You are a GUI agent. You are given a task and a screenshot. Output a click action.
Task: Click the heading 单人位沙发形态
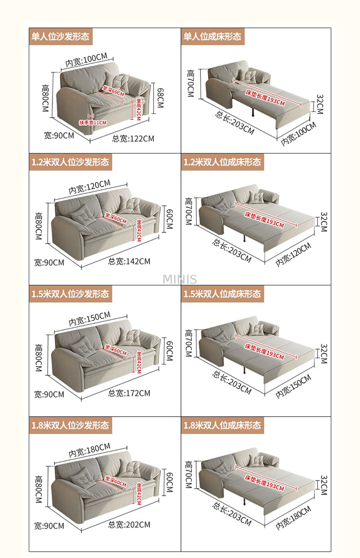(x=60, y=36)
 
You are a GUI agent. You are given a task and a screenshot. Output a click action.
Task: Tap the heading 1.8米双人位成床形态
(x=222, y=425)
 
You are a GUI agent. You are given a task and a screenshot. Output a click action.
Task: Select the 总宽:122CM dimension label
(x=133, y=139)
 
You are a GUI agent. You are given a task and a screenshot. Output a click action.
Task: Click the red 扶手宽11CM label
(x=93, y=122)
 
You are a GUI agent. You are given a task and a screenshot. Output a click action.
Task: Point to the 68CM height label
(x=161, y=98)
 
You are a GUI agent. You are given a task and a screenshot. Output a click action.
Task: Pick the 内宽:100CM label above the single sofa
(x=86, y=60)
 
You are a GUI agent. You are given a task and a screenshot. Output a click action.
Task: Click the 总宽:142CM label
(x=129, y=262)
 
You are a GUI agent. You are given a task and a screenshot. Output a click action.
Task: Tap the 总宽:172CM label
(x=129, y=393)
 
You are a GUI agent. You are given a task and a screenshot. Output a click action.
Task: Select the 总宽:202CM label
(x=129, y=525)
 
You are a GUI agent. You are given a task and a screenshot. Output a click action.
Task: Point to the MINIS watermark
(x=180, y=279)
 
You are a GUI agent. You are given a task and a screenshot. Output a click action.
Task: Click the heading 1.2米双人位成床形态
(x=222, y=162)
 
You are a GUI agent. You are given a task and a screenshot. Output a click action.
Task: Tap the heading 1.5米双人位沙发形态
(x=70, y=294)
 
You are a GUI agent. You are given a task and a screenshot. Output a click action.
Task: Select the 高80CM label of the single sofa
(x=45, y=98)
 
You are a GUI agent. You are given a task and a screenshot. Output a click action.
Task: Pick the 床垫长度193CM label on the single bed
(x=265, y=98)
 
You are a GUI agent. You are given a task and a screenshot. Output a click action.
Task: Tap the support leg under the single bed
(x=253, y=112)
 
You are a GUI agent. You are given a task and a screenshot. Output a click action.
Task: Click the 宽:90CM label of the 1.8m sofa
(x=49, y=526)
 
